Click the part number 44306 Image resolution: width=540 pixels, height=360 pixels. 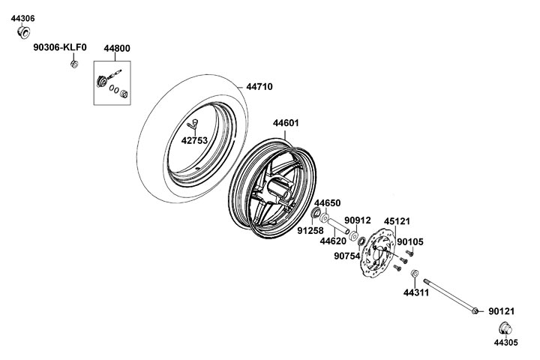pyautogui.click(x=22, y=19)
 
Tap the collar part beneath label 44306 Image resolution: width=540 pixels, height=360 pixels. pyautogui.click(x=23, y=32)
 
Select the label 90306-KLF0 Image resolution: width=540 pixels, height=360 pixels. pyautogui.click(x=60, y=47)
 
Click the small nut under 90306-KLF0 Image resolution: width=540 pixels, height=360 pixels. pyautogui.click(x=74, y=64)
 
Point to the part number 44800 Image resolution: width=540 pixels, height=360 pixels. pyautogui.click(x=117, y=49)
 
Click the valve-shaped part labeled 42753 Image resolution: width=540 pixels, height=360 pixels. pyautogui.click(x=193, y=124)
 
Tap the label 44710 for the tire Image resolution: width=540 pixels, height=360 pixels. pyautogui.click(x=259, y=87)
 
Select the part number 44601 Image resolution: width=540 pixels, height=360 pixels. pyautogui.click(x=286, y=123)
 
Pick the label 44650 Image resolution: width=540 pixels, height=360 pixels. pyautogui.click(x=327, y=203)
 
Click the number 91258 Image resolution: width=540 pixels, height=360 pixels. pyautogui.click(x=310, y=231)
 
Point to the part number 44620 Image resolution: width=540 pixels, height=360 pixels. pyautogui.click(x=333, y=241)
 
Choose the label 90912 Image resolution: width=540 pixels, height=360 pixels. pyautogui.click(x=358, y=220)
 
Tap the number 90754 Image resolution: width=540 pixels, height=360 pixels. pyautogui.click(x=347, y=256)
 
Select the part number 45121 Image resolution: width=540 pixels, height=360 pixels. pyautogui.click(x=397, y=221)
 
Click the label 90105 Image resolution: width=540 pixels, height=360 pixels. pyautogui.click(x=410, y=241)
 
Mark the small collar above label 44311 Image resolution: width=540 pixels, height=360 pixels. pyautogui.click(x=415, y=274)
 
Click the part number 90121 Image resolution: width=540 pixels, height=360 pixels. pyautogui.click(x=502, y=311)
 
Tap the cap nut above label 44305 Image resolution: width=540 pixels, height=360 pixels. pyautogui.click(x=505, y=328)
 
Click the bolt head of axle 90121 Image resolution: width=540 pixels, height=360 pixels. pyautogui.click(x=475, y=311)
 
